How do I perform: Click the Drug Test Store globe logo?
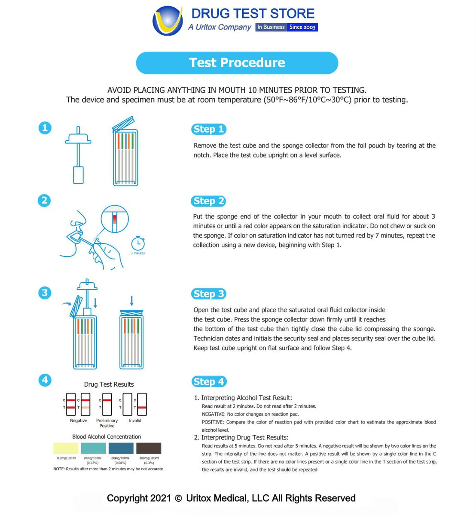click(168, 21)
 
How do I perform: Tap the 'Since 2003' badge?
click(302, 27)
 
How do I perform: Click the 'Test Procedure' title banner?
click(237, 63)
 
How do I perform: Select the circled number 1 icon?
click(45, 128)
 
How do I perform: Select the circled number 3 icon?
click(45, 293)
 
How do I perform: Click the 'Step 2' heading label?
click(209, 201)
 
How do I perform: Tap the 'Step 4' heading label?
click(209, 382)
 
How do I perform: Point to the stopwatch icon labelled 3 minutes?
click(138, 243)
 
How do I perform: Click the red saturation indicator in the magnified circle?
click(115, 219)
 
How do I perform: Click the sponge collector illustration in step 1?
click(78, 155)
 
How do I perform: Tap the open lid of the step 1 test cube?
click(124, 123)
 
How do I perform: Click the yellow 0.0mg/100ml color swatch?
click(66, 448)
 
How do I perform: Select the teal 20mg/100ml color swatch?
click(93, 448)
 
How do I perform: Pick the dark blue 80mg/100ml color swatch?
click(121, 448)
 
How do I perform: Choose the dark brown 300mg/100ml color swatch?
click(149, 448)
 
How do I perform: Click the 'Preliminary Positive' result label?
click(107, 423)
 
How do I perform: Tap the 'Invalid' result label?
click(134, 421)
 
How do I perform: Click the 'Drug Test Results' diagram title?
click(109, 385)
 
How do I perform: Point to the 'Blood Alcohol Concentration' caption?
click(107, 437)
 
